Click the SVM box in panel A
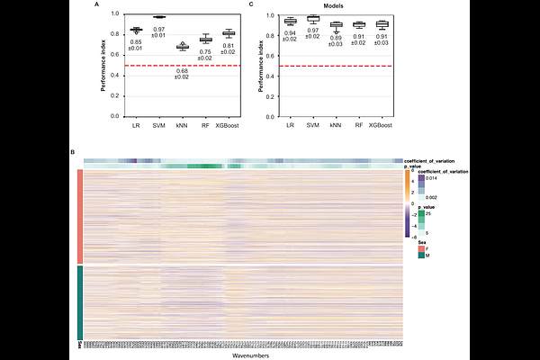(x=160, y=17)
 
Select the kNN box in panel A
(x=183, y=46)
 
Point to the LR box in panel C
(x=289, y=21)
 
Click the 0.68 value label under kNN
(x=183, y=73)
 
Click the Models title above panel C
(x=336, y=4)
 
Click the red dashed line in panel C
(x=336, y=66)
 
